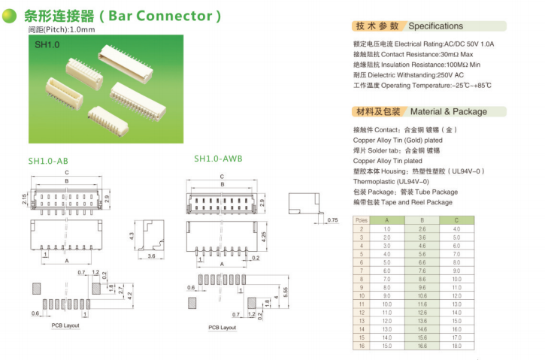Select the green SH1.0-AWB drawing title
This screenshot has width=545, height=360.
tap(218, 159)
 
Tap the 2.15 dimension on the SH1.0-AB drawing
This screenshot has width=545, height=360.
tap(25, 198)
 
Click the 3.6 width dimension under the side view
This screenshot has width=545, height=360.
tap(150, 256)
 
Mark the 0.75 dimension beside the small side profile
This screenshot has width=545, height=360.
tap(332, 219)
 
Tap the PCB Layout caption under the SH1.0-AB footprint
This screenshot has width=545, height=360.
tap(65, 325)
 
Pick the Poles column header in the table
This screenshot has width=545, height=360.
tap(361, 220)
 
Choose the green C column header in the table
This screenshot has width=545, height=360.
tap(456, 220)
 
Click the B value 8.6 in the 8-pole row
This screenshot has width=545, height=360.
tap(422, 279)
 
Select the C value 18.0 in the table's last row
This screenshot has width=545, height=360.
tap(456, 345)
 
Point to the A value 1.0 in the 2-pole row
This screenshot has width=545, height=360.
tap(387, 228)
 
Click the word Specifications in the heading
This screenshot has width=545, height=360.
tap(435, 26)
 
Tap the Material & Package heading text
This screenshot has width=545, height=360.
tap(448, 111)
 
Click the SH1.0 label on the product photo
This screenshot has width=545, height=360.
tap(47, 45)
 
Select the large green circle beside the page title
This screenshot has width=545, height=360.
tap(10, 16)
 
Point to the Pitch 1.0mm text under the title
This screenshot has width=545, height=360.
tap(62, 30)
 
